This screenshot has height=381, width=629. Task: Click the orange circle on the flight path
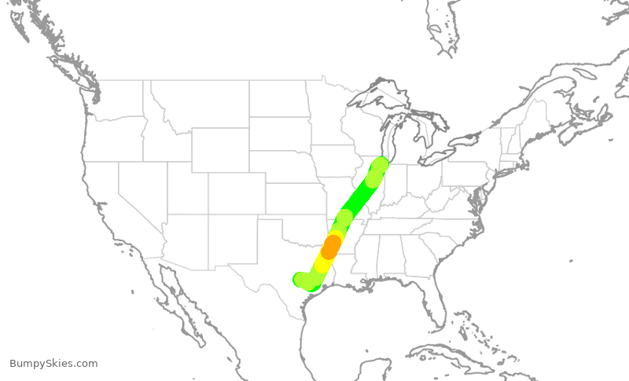pyautogui.click(x=331, y=246)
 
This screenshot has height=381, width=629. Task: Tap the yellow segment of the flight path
pyautogui.click(x=323, y=263)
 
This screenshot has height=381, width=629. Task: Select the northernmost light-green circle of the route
pyautogui.click(x=380, y=166)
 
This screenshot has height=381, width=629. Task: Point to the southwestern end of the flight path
pyautogui.click(x=300, y=279)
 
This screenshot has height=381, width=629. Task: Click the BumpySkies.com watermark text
pyautogui.click(x=53, y=364)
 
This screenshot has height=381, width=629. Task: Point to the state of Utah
pyautogui.click(x=186, y=189)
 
